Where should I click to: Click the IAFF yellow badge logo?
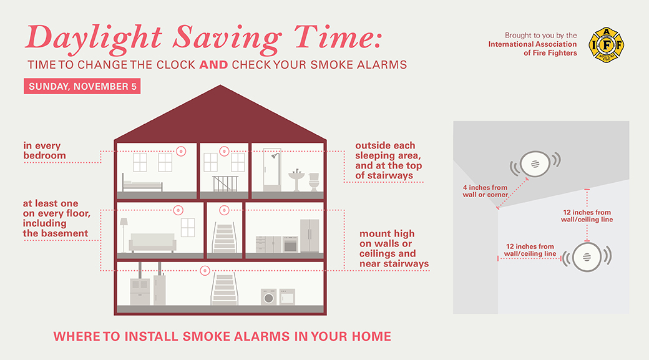(x=607, y=45)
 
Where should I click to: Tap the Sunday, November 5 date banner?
(x=82, y=86)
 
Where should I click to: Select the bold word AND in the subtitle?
(x=213, y=65)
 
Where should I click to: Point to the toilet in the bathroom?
(x=314, y=182)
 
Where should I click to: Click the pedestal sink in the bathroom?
(x=296, y=180)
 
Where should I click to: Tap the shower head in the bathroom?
(x=274, y=156)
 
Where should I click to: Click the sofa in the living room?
(x=152, y=243)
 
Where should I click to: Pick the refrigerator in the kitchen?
(x=310, y=236)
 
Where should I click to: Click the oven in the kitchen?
(x=291, y=245)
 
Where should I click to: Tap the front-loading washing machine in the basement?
(x=269, y=297)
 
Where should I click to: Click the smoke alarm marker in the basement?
(x=205, y=271)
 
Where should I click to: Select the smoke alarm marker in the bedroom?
(x=181, y=152)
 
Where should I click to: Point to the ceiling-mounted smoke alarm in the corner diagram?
(x=535, y=164)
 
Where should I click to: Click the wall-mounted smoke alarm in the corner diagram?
(x=587, y=257)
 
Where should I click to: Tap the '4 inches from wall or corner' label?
(x=485, y=191)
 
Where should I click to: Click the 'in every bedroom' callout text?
(x=44, y=150)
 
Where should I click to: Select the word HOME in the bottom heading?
(x=371, y=336)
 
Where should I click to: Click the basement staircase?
(x=224, y=289)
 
